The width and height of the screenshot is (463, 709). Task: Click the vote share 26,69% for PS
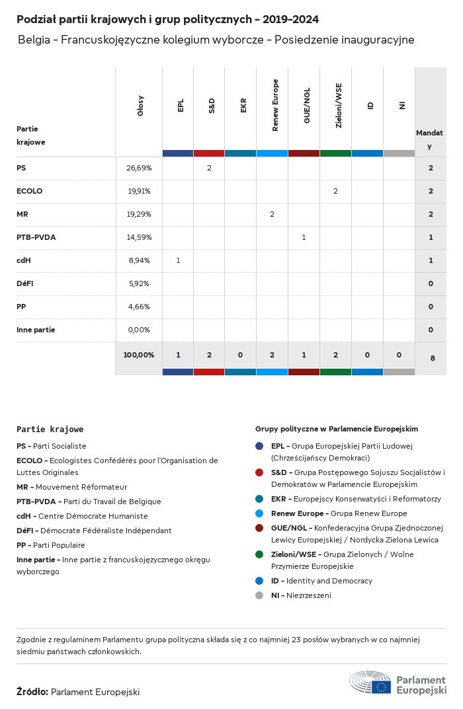(139, 168)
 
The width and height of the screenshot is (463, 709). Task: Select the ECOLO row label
(29, 191)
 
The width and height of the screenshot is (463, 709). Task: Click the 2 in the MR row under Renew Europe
(272, 214)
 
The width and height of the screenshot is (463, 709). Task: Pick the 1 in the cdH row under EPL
(178, 260)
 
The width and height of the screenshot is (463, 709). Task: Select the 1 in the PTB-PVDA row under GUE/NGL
(304, 237)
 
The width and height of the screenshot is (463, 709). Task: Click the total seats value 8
(433, 358)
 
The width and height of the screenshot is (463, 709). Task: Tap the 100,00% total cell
(139, 355)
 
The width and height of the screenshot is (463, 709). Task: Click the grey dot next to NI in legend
(260, 595)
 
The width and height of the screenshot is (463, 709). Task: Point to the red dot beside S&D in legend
(260, 472)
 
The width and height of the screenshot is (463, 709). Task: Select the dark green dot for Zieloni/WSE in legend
(260, 554)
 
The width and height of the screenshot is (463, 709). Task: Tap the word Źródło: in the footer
(32, 692)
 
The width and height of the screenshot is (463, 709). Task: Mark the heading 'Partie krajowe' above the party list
(50, 429)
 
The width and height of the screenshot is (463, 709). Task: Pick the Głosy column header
(140, 106)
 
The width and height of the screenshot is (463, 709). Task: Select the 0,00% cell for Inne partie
(139, 330)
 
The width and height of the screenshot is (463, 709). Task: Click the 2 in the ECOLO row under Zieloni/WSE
(335, 191)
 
